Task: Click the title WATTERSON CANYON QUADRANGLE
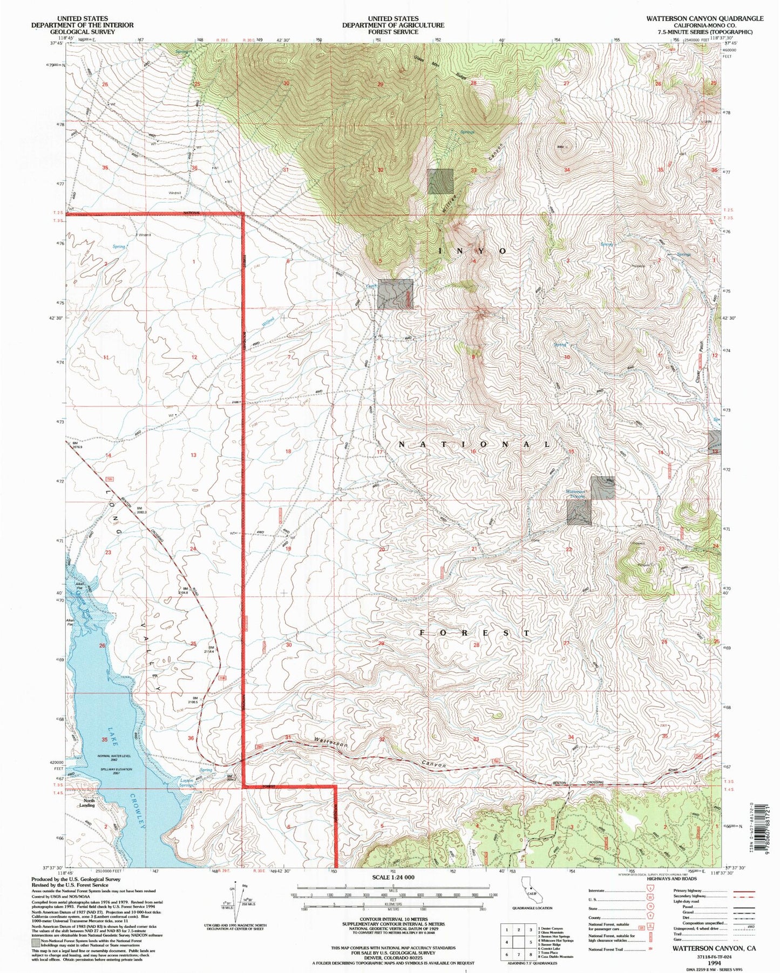[705, 18]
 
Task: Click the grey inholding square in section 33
[440, 181]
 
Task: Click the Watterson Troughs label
[575, 494]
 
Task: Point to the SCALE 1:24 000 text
[392, 878]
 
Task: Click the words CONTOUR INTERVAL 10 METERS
[392, 919]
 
